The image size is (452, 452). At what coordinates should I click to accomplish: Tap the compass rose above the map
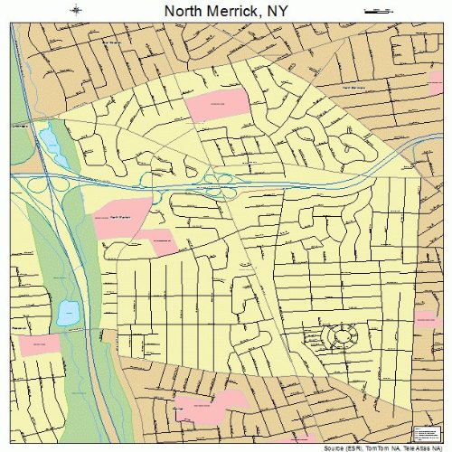tap(78, 11)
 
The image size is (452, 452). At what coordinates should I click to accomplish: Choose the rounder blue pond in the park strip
tap(68, 314)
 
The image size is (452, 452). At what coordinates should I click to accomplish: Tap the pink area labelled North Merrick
tap(120, 220)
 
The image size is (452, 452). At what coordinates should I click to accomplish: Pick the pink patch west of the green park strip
tap(39, 344)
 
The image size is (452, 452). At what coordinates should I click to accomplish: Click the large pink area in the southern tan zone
tap(211, 404)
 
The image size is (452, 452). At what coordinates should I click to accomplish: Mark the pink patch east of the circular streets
tap(426, 321)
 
